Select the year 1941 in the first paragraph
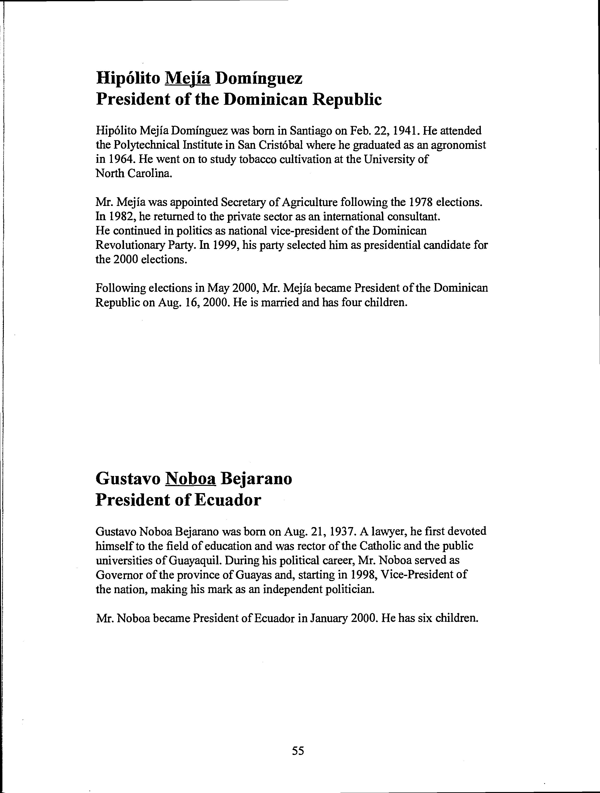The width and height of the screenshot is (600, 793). pos(406,131)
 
